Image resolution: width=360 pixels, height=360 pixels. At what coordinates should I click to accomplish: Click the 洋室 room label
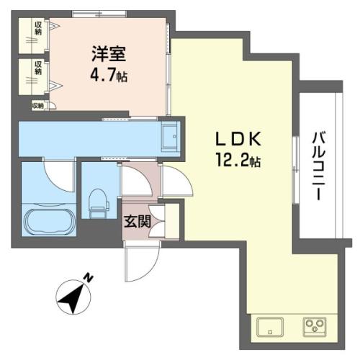coord(109,54)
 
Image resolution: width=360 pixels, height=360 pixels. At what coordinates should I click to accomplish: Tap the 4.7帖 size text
coord(109,75)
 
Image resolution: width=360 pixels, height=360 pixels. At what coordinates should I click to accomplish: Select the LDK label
coord(238,139)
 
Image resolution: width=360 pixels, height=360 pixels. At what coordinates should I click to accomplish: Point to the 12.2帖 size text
coord(238,160)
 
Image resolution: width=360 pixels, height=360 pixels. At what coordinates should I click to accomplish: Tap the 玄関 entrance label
coord(137,221)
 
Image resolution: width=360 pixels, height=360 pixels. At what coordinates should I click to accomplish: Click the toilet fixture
coord(99,203)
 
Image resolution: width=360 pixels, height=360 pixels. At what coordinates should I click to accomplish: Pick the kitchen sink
coord(270,327)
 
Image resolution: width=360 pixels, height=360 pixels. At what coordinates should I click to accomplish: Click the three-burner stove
coord(315,327)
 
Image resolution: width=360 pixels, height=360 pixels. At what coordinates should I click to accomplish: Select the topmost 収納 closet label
coord(38,28)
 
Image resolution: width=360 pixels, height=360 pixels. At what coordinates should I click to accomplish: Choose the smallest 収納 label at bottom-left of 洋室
coord(37,106)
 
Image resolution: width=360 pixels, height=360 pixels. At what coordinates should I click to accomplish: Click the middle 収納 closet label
coord(38,68)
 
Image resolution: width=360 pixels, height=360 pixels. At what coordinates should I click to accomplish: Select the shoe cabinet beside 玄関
coord(172,221)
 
